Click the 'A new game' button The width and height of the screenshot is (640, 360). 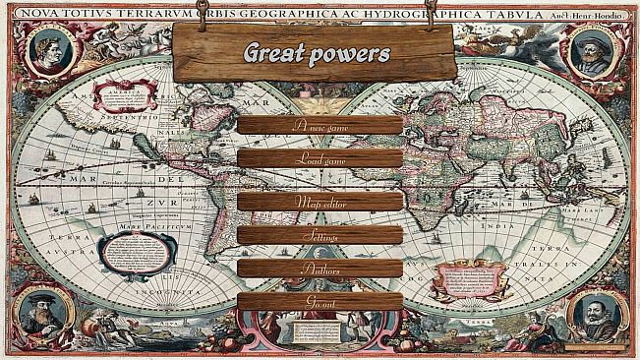pyautogui.click(x=320, y=125)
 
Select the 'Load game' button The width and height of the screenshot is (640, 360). pyautogui.click(x=320, y=158)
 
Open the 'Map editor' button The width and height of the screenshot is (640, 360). pyautogui.click(x=320, y=202)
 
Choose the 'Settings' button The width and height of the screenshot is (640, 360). pyautogui.click(x=320, y=236)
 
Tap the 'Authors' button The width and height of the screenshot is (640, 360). pyautogui.click(x=320, y=268)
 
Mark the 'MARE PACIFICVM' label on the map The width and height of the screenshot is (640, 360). pyautogui.click(x=141, y=225)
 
